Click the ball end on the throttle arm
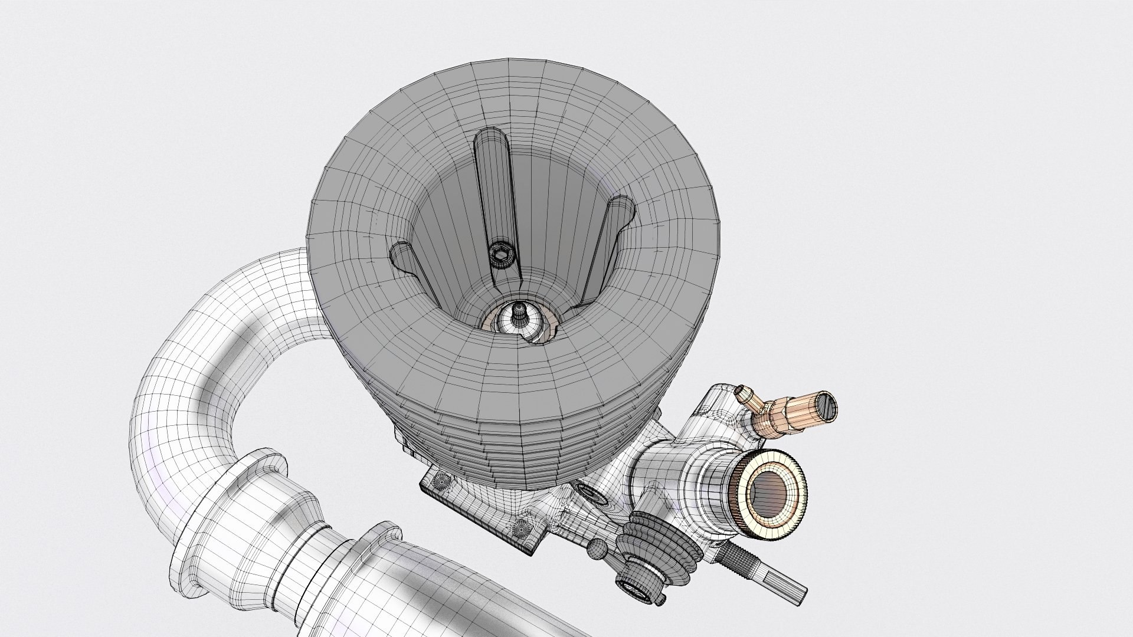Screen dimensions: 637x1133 [x=597, y=549]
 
